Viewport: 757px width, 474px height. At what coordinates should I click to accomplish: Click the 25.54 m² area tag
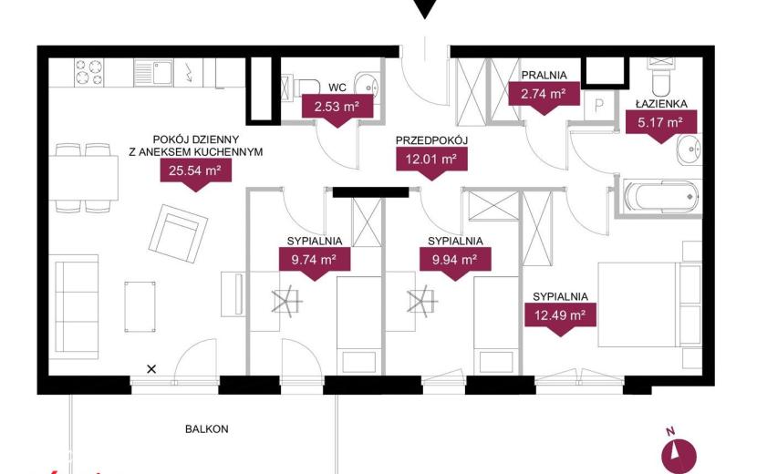(x=195, y=170)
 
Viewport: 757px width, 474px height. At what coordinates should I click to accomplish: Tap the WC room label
(x=337, y=88)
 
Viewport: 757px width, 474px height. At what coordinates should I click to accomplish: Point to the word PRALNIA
(x=544, y=76)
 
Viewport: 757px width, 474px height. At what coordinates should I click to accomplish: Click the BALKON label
(x=207, y=428)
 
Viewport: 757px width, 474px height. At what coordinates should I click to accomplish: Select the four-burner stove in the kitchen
(x=88, y=72)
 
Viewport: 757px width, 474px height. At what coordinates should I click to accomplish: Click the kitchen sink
(x=153, y=72)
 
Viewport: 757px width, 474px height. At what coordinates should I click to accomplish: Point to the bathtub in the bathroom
(x=661, y=197)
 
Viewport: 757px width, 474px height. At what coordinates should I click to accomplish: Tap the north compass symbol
(x=679, y=455)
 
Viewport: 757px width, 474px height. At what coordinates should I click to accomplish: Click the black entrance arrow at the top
(x=425, y=9)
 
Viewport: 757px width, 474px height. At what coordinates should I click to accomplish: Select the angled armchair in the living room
(x=178, y=233)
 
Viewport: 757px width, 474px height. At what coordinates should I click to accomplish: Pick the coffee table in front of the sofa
(x=140, y=306)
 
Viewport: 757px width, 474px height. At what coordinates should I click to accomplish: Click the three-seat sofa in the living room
(x=77, y=307)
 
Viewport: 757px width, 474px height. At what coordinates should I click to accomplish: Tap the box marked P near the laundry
(x=599, y=106)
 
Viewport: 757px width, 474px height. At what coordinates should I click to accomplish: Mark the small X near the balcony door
(x=151, y=369)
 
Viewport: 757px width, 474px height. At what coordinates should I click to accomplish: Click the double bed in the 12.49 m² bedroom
(x=649, y=304)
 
